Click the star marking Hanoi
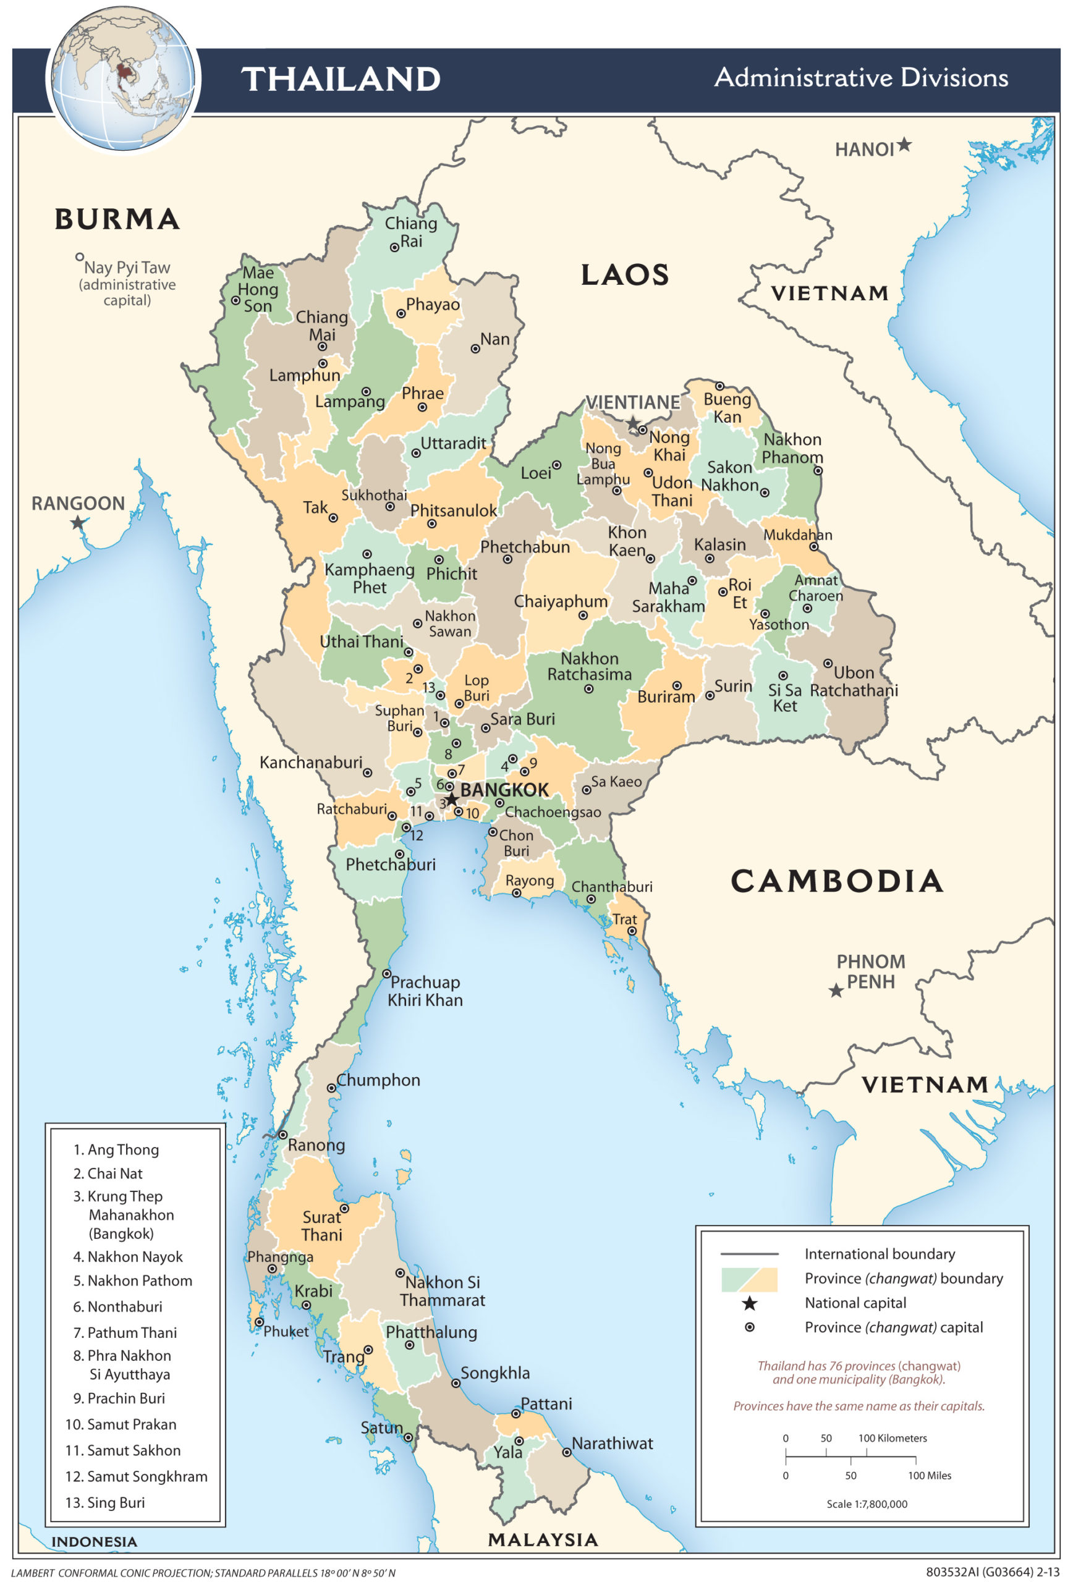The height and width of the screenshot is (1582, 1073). [x=904, y=145]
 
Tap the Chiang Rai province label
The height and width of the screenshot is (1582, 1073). [x=410, y=232]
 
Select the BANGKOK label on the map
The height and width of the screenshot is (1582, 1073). [x=504, y=790]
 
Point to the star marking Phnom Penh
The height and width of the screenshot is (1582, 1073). [x=836, y=991]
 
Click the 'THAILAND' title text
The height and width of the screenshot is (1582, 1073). [x=341, y=79]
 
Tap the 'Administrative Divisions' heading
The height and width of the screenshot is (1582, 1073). [x=860, y=78]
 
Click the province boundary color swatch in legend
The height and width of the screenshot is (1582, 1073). [x=749, y=1279]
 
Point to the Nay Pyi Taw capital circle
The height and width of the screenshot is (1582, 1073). [x=80, y=257]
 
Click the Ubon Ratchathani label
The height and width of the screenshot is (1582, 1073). [x=854, y=682]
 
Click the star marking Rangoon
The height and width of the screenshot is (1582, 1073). [x=78, y=523]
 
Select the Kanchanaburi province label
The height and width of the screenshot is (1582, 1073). [x=310, y=763]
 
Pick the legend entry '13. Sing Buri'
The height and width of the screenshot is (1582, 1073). [x=106, y=1502]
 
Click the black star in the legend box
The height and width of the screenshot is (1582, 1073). [x=749, y=1303]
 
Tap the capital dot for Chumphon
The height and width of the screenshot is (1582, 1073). [x=331, y=1088]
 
